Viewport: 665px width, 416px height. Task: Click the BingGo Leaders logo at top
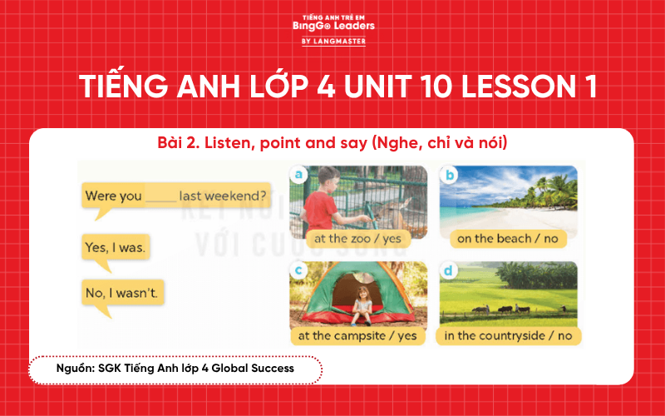pos(333,28)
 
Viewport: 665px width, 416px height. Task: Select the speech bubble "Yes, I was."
pos(116,247)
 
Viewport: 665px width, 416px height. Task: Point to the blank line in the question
pos(161,199)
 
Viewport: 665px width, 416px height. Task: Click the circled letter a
pos(298,174)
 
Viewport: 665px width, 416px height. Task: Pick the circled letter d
pos(450,270)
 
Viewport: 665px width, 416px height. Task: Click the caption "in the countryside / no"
pos(508,335)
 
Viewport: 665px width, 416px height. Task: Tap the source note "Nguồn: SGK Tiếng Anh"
pos(175,367)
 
